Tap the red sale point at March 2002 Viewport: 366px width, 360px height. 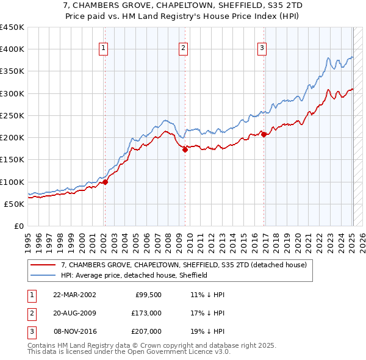click(x=105, y=181)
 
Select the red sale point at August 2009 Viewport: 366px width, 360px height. click(x=185, y=149)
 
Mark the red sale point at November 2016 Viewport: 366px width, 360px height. click(x=264, y=135)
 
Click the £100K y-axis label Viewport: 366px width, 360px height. click(x=12, y=182)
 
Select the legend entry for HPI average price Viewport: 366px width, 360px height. click(x=134, y=275)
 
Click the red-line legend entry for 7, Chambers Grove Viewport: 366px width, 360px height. click(x=187, y=265)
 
